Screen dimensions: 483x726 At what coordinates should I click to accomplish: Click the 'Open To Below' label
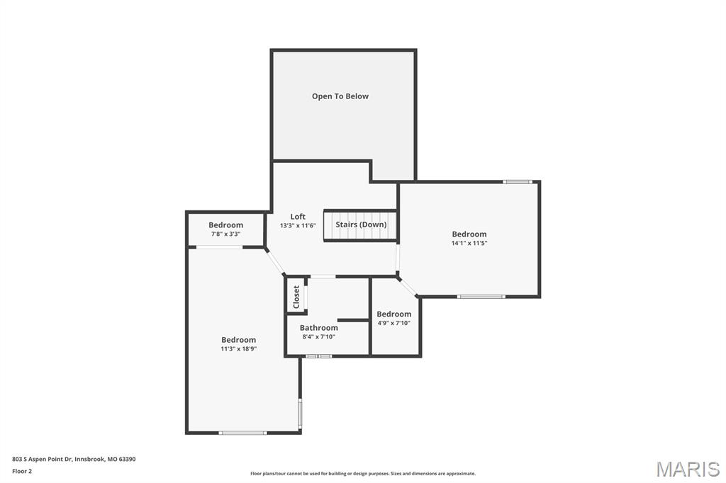340,96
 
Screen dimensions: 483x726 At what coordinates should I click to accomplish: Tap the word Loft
298,217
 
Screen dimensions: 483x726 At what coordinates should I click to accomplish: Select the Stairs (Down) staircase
360,225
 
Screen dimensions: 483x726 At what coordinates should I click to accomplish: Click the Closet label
296,297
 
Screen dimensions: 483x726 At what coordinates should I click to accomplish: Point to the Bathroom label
318,328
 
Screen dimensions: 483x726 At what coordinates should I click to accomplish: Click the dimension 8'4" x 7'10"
318,337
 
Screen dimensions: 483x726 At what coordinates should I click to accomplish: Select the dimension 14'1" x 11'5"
469,243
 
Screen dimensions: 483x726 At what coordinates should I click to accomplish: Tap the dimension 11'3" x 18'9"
238,348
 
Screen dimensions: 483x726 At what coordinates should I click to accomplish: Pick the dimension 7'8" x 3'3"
225,234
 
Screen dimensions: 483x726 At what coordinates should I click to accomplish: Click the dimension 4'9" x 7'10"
393,323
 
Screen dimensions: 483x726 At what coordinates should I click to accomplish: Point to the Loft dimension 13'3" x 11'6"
298,226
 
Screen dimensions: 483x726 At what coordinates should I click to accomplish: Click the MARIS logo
687,469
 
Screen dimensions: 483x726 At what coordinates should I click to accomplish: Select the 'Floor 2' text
22,470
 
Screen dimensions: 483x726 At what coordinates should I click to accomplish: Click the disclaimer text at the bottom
363,474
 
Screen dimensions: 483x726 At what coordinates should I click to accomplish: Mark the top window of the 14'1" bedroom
518,182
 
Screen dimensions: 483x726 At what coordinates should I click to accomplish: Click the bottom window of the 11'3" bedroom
242,433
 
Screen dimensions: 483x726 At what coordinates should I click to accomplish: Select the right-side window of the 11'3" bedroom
301,414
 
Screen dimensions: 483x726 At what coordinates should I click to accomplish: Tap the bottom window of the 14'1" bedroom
481,296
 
